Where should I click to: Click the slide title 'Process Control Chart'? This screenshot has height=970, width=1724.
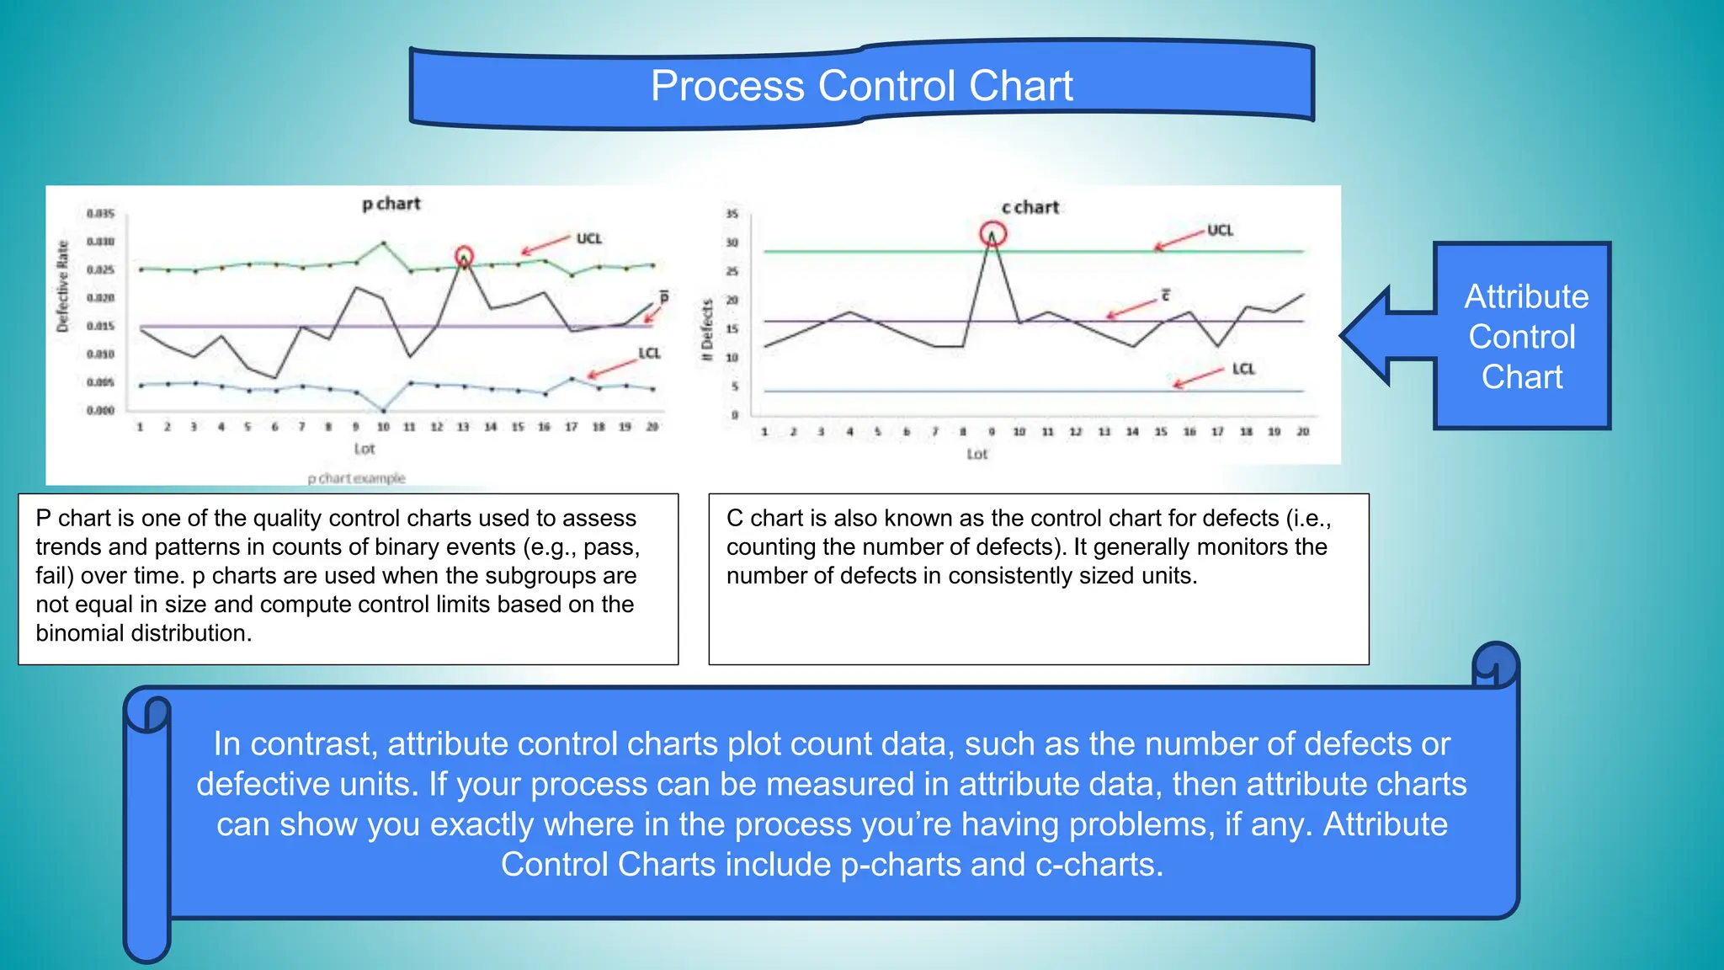coord(861,86)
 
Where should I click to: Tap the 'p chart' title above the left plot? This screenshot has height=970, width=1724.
coord(391,204)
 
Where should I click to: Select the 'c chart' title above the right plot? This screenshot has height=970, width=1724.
coord(1030,207)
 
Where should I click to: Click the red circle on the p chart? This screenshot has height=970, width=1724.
coord(464,255)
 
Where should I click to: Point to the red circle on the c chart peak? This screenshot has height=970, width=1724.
coord(992,233)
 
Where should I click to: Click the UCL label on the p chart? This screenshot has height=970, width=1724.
coord(589,239)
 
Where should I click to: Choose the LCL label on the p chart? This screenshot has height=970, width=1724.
coord(649,353)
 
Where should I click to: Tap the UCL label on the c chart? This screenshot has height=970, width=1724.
coord(1220,230)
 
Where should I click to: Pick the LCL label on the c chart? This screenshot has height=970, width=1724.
coord(1243,369)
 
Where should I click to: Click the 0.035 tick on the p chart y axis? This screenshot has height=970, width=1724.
coord(100,214)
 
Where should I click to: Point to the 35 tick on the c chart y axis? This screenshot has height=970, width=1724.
coord(732,214)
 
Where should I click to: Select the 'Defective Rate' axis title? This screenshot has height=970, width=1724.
coord(62,286)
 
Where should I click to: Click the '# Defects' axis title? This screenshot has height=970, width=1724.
coord(707,330)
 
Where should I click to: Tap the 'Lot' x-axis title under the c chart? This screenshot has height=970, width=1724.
coord(976,455)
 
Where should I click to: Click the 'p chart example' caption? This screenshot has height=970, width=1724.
coord(356,478)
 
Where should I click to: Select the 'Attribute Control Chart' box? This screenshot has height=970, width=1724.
coord(1522,337)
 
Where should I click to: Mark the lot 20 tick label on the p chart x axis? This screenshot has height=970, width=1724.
coord(652,427)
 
